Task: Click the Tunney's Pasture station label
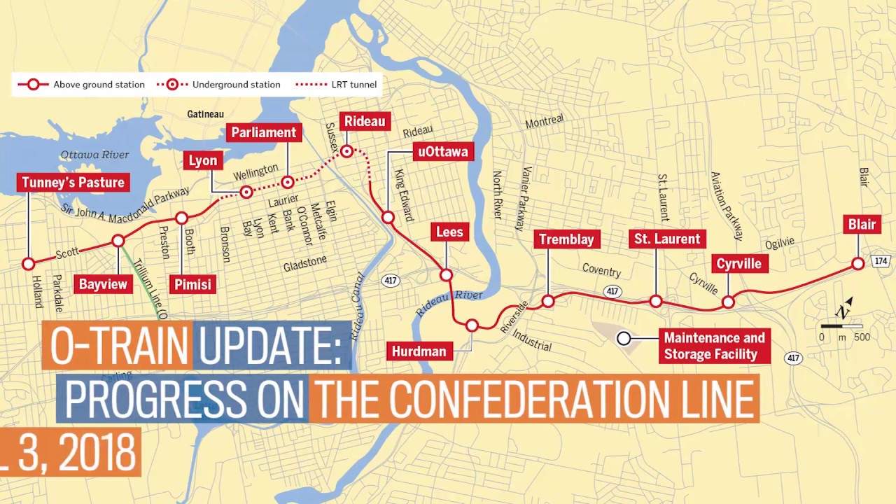73,183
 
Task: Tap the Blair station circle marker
858,264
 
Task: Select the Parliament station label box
264,132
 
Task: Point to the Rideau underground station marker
346,151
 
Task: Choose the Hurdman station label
419,351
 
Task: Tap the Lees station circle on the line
446,275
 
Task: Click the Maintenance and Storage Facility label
714,346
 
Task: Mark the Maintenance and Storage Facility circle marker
624,339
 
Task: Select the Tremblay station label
566,239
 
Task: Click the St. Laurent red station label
667,239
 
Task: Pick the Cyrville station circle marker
728,302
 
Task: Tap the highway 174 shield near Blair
881,261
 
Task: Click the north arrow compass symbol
845,309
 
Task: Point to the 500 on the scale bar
862,337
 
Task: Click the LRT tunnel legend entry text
354,85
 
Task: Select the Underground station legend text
236,85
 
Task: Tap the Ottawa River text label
94,155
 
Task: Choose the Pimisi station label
192,284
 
